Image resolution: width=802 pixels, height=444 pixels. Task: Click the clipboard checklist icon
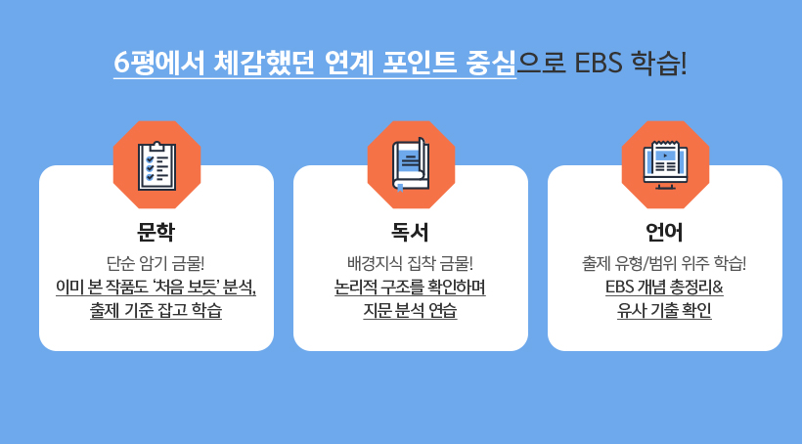click(x=157, y=165)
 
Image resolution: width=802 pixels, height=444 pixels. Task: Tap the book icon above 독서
click(x=411, y=164)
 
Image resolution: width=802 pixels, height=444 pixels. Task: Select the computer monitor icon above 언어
click(x=665, y=164)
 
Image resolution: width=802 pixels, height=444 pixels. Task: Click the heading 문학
click(x=156, y=232)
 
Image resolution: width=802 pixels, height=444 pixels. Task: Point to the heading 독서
click(x=410, y=232)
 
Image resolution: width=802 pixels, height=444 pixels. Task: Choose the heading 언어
click(x=664, y=232)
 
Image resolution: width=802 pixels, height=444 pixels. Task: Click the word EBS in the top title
click(x=599, y=63)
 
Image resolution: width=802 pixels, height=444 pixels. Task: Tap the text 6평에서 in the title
click(x=158, y=63)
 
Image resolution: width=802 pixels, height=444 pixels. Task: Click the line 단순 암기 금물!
click(x=156, y=263)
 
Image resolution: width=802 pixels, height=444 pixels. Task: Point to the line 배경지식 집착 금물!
click(x=410, y=263)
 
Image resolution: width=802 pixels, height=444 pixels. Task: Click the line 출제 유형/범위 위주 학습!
click(x=664, y=263)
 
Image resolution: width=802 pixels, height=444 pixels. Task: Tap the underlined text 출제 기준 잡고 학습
click(x=156, y=310)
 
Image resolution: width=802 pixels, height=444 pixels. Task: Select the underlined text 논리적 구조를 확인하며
click(x=410, y=287)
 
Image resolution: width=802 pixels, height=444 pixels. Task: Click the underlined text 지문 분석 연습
click(x=410, y=310)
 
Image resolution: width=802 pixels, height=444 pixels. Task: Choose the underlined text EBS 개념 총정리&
click(x=664, y=287)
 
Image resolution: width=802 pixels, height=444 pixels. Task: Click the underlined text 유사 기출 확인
click(x=664, y=310)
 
